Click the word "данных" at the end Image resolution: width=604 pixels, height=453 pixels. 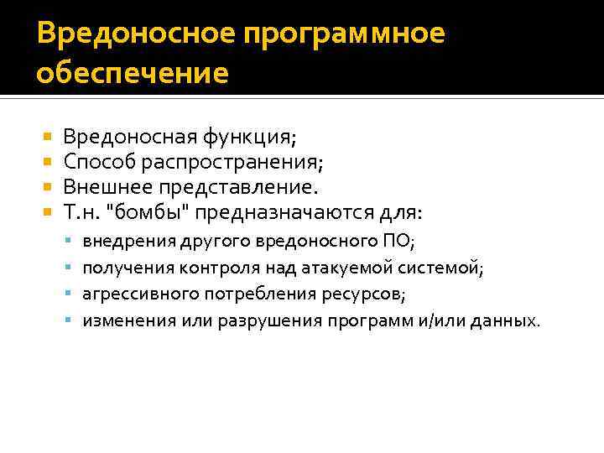coord(508,321)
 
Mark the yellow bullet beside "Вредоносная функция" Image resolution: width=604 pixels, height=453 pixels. coord(47,136)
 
